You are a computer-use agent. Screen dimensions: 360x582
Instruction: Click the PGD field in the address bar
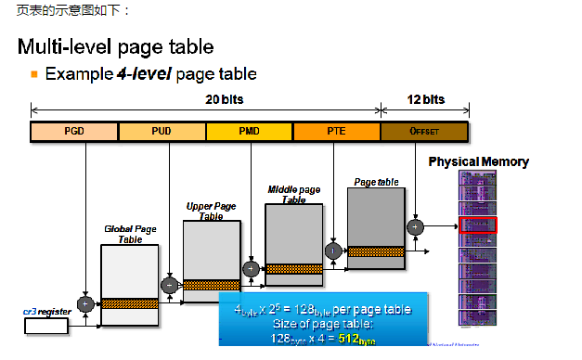(x=74, y=132)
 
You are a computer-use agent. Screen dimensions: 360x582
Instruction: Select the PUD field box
(x=162, y=132)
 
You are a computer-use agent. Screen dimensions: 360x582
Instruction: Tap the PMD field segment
(x=249, y=132)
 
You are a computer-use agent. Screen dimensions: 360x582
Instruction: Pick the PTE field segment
(x=336, y=132)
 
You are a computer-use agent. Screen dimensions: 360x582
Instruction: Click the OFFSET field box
(x=423, y=132)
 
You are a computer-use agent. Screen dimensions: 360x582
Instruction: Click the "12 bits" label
(x=426, y=98)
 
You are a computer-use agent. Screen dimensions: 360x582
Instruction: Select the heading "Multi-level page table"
(x=116, y=45)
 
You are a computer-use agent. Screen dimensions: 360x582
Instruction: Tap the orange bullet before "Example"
(x=34, y=72)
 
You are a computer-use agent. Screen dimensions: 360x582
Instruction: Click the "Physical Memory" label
(x=478, y=162)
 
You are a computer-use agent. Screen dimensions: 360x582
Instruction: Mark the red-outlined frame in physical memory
(x=478, y=225)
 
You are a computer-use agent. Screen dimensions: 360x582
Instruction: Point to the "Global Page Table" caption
(x=129, y=233)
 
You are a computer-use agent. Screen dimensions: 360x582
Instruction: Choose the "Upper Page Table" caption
(x=211, y=211)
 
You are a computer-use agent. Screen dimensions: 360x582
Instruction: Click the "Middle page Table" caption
(x=292, y=194)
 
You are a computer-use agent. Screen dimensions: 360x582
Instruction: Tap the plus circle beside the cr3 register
(x=85, y=303)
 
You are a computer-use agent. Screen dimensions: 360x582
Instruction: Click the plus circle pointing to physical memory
(x=415, y=225)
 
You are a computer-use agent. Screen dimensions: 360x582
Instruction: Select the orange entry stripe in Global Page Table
(x=129, y=303)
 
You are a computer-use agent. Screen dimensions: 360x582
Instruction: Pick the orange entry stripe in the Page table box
(x=375, y=251)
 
